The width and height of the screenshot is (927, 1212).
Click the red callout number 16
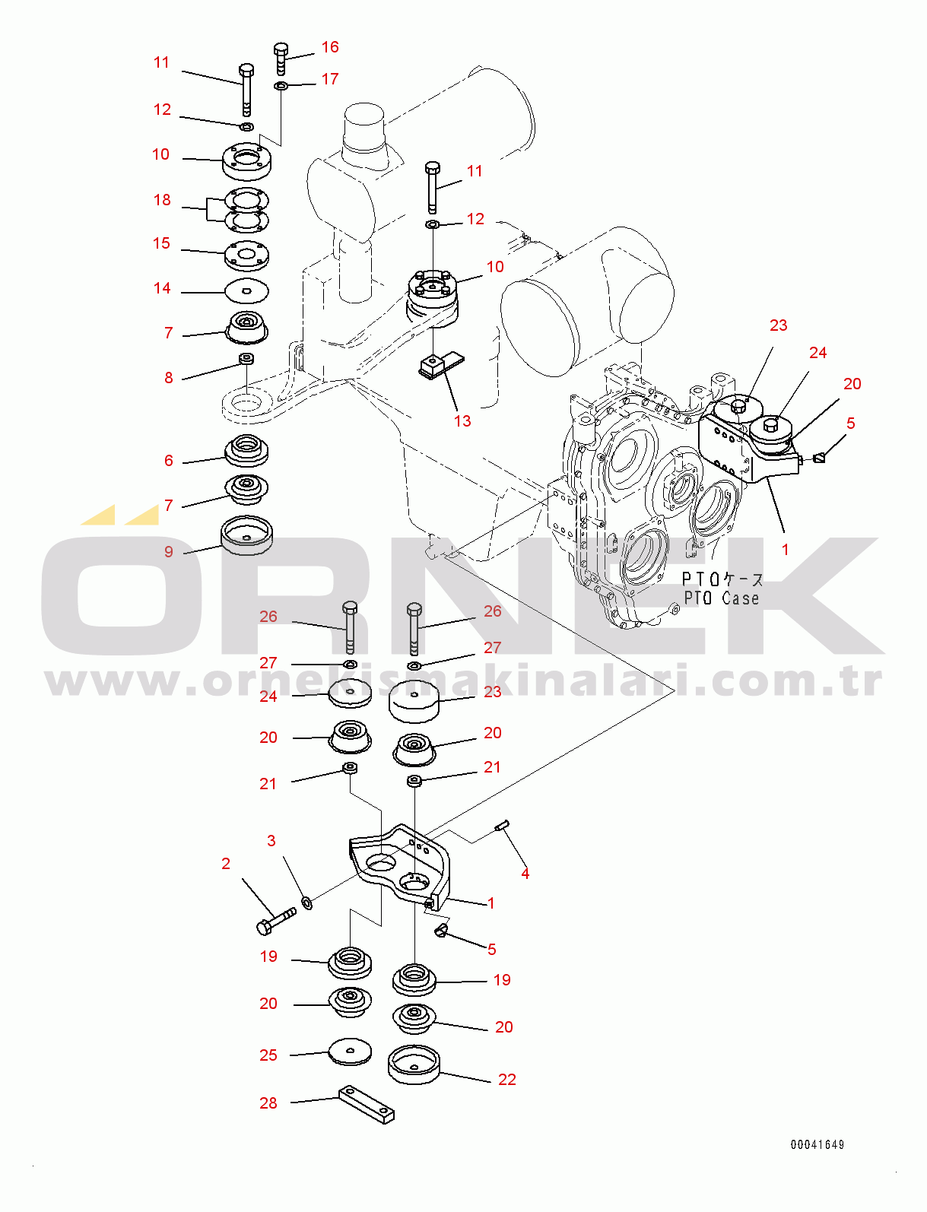(x=330, y=47)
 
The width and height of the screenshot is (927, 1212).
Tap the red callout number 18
(x=162, y=200)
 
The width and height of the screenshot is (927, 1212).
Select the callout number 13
(x=462, y=420)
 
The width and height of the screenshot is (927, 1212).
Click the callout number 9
(x=168, y=551)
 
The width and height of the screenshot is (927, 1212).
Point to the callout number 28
(x=268, y=1103)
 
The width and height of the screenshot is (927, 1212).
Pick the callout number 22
(x=506, y=1080)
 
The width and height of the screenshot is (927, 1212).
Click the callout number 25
(x=268, y=1055)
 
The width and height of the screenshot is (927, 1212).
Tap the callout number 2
(x=226, y=864)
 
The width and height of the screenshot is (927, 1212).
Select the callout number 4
(x=525, y=874)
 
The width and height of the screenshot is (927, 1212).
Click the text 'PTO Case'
(x=721, y=598)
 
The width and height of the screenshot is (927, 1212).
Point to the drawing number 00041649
(x=817, y=1144)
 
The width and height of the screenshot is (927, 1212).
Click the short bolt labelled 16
(x=281, y=59)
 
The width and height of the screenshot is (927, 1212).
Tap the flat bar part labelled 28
(x=367, y=1105)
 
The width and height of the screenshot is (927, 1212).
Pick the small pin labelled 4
(x=503, y=826)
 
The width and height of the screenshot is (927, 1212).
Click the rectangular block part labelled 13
(x=442, y=364)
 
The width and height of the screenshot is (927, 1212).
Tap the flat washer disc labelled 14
(x=247, y=290)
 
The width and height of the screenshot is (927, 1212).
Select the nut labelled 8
(x=247, y=359)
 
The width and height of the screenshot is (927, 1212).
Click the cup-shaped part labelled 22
(x=414, y=1064)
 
